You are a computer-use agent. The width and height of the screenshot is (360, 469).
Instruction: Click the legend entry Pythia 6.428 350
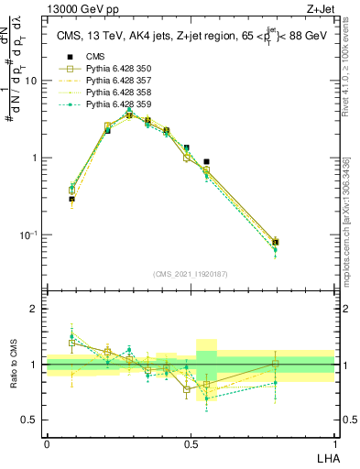pos(112,69)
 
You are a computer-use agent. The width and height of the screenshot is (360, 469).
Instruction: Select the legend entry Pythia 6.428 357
pos(112,81)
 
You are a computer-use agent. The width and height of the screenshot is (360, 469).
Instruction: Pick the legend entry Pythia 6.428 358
pos(112,93)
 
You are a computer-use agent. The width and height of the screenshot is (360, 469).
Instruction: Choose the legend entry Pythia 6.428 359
pos(112,104)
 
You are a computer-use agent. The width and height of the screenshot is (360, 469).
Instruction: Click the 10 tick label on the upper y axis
pos(30,81)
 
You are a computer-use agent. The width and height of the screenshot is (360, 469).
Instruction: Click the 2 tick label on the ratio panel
pos(35,309)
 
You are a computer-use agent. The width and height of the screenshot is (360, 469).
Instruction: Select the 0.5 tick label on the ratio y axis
pos(30,420)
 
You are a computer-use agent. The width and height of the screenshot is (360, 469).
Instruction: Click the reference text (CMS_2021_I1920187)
pos(191,274)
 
